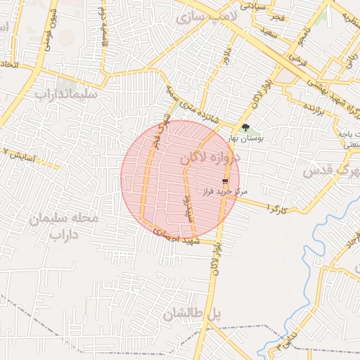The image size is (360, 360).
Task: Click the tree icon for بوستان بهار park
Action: pyautogui.click(x=245, y=127)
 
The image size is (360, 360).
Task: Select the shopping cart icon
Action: pyautogui.click(x=225, y=181)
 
